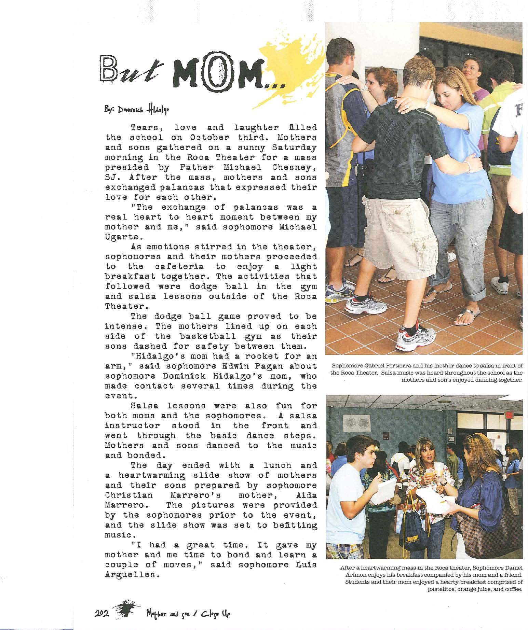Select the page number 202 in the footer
[101, 614]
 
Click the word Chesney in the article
[295, 168]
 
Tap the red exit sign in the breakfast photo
[509, 415]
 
